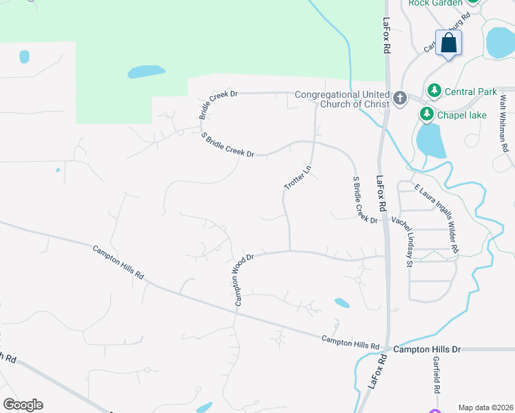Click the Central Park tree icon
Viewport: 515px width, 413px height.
434,91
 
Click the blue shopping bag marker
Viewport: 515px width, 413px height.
448,43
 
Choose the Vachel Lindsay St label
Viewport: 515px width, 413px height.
401,240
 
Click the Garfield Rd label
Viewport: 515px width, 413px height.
437,374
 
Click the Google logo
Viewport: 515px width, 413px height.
23,405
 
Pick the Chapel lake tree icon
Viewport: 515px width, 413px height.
427,114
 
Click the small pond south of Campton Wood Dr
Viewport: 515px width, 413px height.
341,302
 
